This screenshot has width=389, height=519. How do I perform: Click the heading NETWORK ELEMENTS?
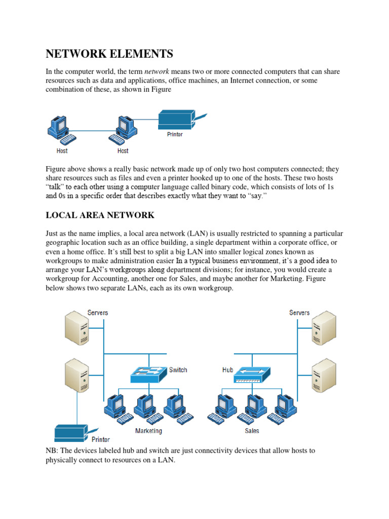coord(109,54)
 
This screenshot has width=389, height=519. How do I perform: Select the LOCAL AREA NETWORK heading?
coord(100,215)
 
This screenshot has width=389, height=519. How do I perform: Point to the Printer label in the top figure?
coord(175,135)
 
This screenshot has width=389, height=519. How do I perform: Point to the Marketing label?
coord(148,431)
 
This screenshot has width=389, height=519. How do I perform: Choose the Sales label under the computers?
coord(252,431)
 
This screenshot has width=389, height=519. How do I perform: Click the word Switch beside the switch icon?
coord(178,370)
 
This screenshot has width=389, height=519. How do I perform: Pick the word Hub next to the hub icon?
coord(227,370)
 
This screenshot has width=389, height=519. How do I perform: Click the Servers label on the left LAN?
coord(98,313)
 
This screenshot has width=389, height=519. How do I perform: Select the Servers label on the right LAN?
coord(299,313)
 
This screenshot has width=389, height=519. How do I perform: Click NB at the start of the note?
coord(52,451)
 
